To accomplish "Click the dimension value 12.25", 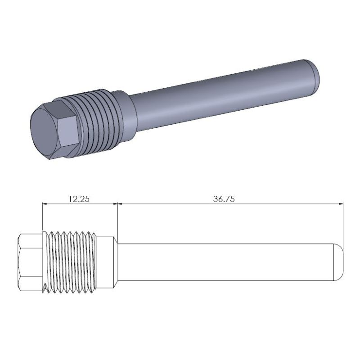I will pyautogui.click(x=79, y=198).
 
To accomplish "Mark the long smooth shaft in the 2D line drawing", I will pyautogui.click(x=225, y=262).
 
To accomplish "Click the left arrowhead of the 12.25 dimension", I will pyautogui.click(x=44, y=204).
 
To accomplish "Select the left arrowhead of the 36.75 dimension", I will pyautogui.click(x=120, y=204).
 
